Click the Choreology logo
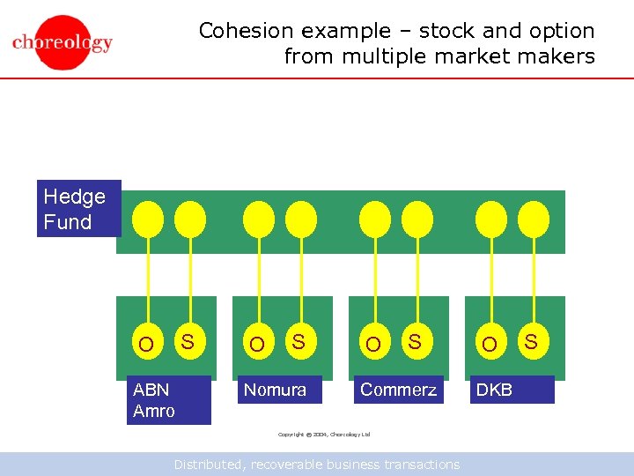tap(63, 41)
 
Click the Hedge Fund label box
tap(77, 209)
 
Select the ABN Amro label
tap(168, 400)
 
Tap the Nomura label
tap(276, 390)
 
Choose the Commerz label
tap(398, 390)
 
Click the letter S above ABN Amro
tap(187, 339)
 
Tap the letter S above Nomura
tap(299, 339)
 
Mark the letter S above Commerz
tap(415, 339)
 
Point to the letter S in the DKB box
tap(532, 339)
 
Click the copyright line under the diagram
tap(324, 435)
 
